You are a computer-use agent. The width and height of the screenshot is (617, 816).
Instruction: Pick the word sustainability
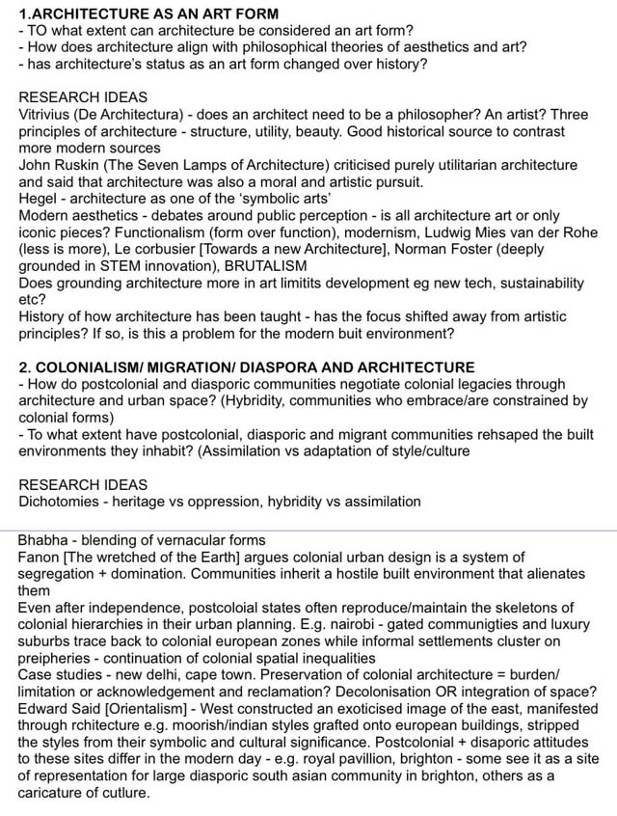click(x=534, y=284)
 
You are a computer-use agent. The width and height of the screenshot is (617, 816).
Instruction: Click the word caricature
click(x=53, y=793)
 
